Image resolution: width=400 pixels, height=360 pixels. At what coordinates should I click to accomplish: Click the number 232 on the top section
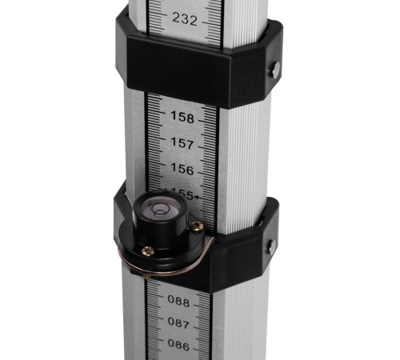pos(185,19)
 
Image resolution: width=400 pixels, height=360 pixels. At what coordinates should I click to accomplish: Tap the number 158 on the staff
pos(182,117)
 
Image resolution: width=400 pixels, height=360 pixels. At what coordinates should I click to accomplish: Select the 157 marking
pos(182,143)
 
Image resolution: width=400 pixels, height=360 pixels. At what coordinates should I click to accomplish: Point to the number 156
pos(182,169)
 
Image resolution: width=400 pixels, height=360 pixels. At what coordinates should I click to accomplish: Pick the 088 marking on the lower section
pos(178,301)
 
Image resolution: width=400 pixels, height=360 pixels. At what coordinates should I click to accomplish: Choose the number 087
pos(178,323)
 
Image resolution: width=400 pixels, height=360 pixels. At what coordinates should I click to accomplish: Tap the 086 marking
pos(178,345)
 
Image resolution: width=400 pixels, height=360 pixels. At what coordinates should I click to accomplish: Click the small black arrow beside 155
pos(198,198)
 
